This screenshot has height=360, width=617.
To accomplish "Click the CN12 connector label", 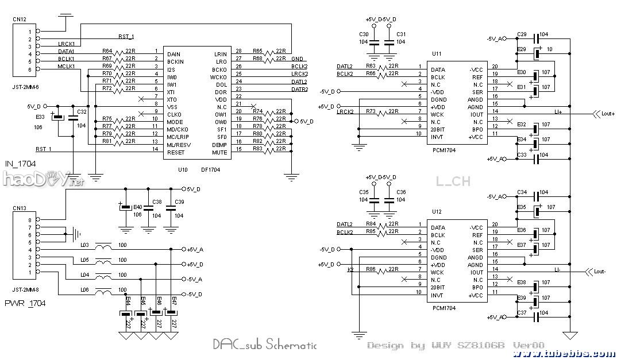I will [x=19, y=20].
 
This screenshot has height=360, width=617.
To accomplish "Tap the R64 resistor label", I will [x=107, y=51].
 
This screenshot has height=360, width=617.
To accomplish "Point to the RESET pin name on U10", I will [x=175, y=152].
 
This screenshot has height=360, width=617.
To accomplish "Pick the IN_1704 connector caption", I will [x=20, y=164].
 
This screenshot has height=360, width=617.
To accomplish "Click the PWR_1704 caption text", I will [x=25, y=303].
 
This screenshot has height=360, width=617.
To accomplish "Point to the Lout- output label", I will [x=600, y=272].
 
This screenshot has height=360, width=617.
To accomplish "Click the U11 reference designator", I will [x=437, y=53].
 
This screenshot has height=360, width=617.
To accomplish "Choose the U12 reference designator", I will [x=437, y=211].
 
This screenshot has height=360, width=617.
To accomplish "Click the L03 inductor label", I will [x=84, y=245].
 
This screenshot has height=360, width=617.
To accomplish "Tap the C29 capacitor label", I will [x=522, y=34].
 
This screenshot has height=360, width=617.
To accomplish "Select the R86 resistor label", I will [x=371, y=269].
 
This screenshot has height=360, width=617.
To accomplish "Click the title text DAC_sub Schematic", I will [x=264, y=344].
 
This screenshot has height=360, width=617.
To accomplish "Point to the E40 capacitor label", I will [x=137, y=207].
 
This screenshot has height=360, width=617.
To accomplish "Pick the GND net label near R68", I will [x=297, y=59].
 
